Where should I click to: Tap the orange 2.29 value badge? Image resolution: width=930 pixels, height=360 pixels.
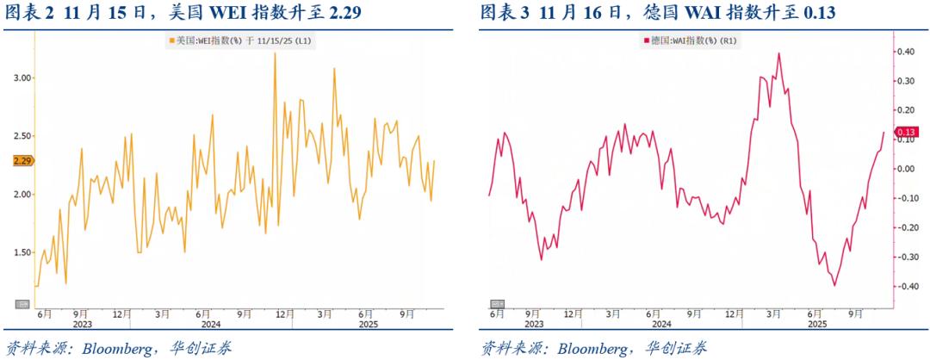point(22,160)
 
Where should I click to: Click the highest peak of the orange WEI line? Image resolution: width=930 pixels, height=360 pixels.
point(275,53)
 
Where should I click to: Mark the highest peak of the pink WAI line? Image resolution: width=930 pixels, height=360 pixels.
point(778,53)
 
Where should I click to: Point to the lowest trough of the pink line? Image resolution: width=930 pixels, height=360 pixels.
point(834,285)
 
